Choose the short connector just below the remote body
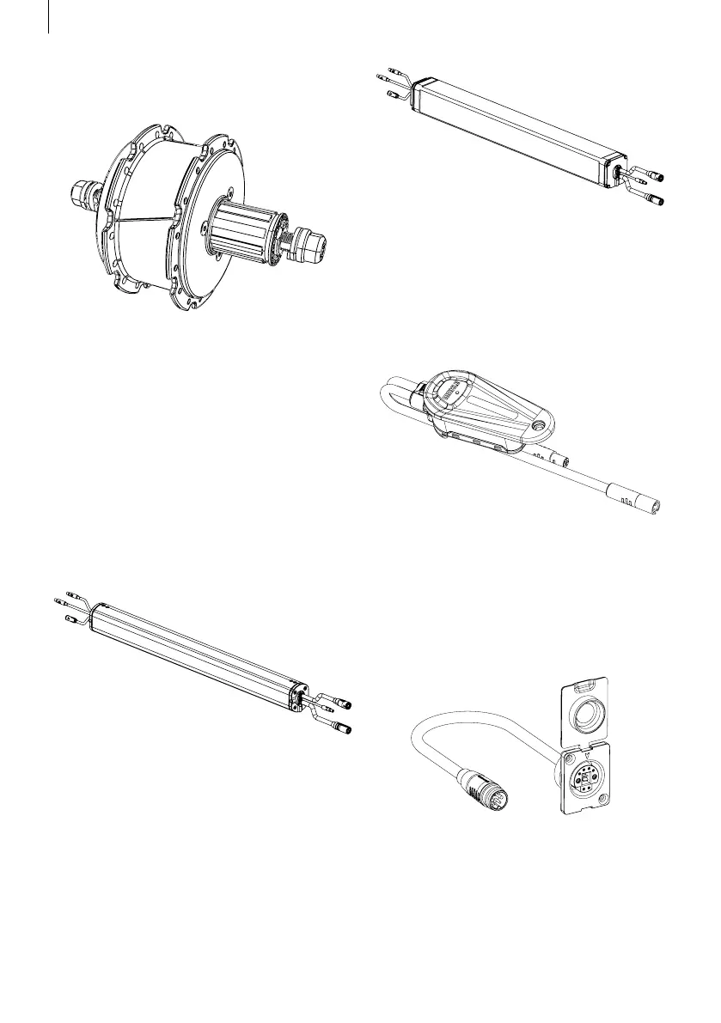point(546,454)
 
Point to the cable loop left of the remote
point(394,399)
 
